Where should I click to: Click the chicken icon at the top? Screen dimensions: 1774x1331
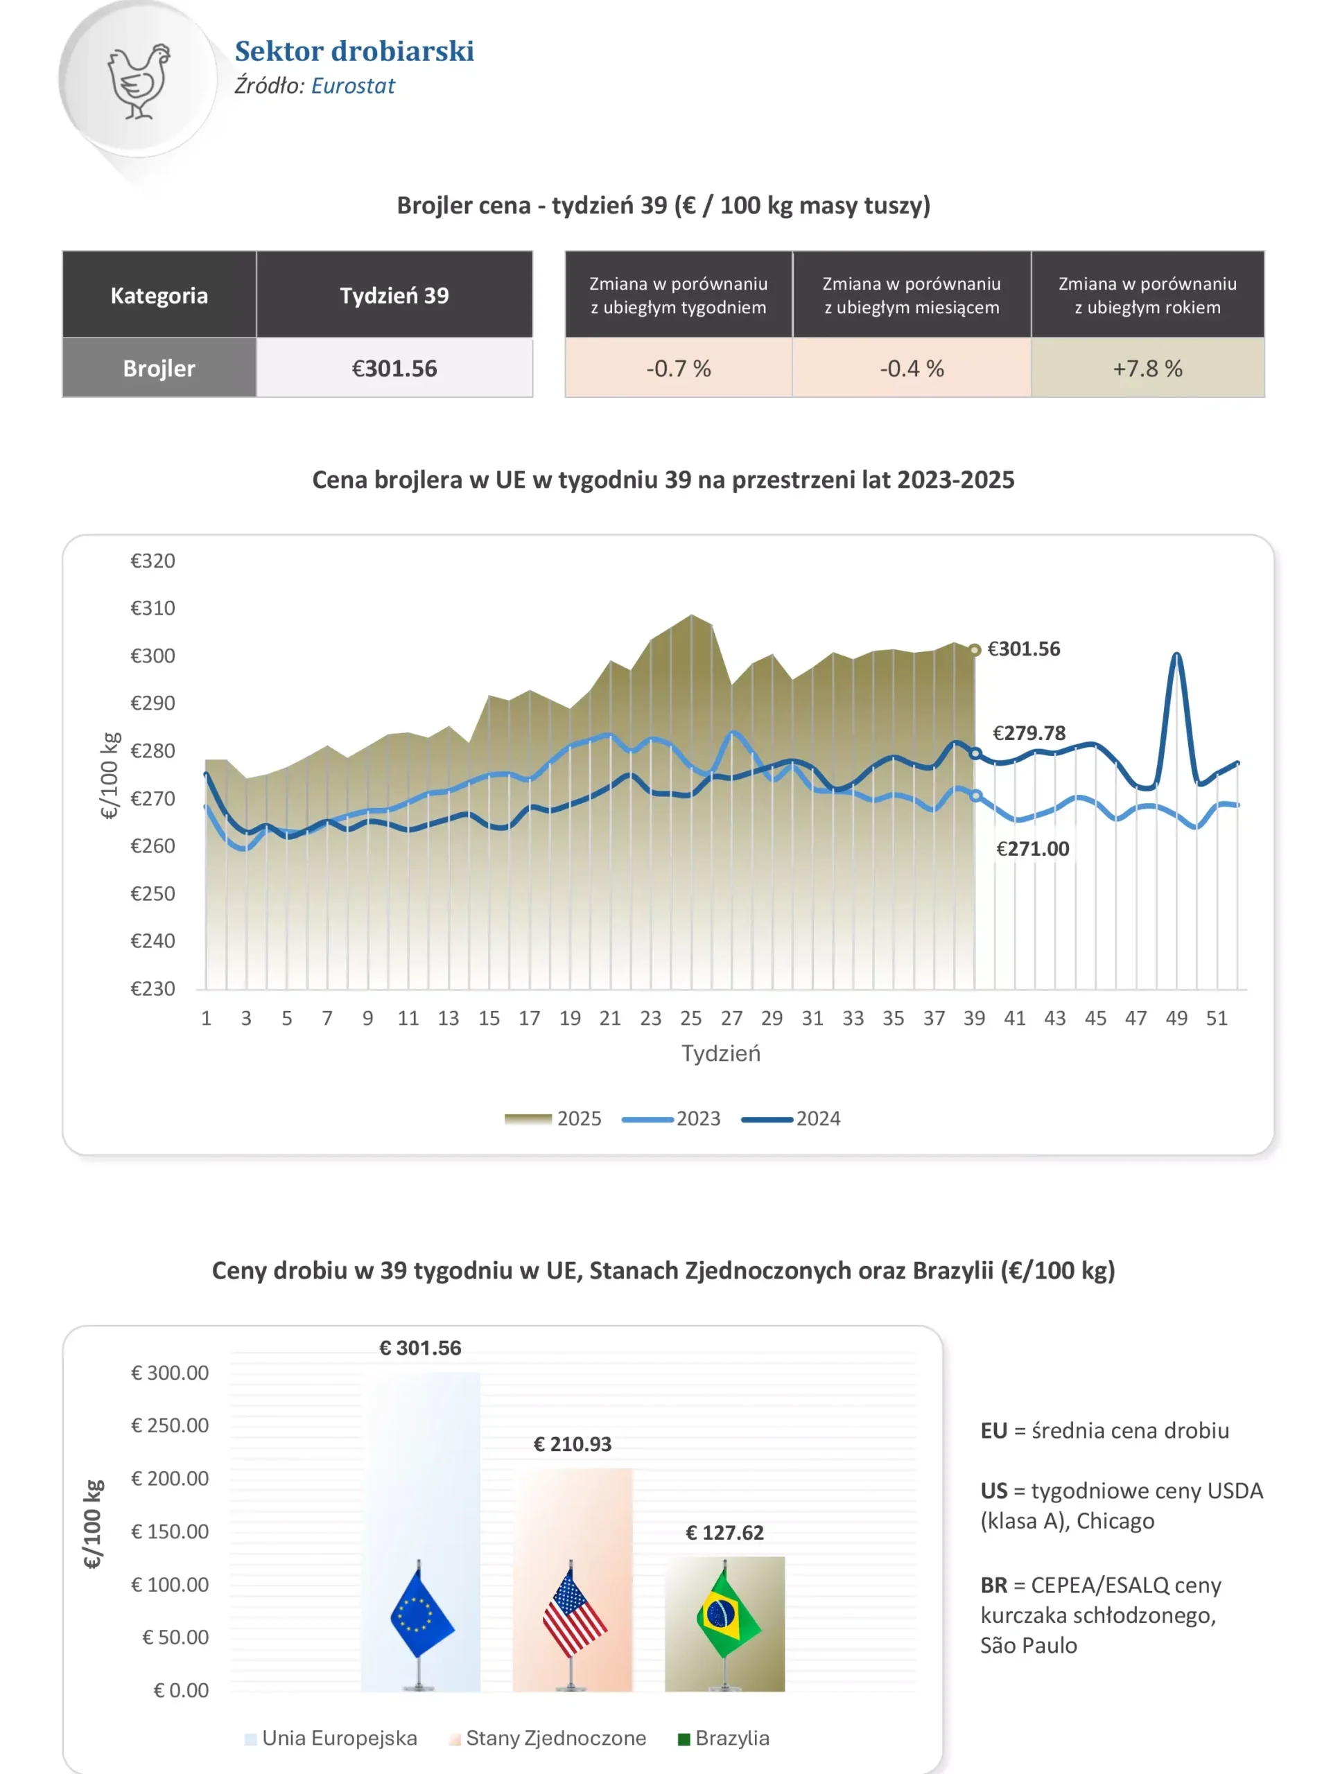(139, 81)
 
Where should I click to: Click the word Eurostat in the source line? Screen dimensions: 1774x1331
(353, 86)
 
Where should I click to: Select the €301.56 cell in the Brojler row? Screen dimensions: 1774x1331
(394, 368)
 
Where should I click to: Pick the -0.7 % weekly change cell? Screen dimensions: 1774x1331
(678, 368)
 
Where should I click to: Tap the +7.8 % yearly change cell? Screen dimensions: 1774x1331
(1147, 368)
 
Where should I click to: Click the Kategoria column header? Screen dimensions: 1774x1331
(159, 295)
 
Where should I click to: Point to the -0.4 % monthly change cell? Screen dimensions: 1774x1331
(912, 368)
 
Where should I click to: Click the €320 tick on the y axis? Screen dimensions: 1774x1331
(153, 561)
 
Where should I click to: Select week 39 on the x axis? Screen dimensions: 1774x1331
(974, 1018)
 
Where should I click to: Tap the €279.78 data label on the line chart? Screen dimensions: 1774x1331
(1029, 733)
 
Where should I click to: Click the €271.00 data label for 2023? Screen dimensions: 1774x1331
(1032, 848)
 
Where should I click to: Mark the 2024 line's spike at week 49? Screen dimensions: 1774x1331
(1176, 656)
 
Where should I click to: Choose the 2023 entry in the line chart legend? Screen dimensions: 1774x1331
(697, 1118)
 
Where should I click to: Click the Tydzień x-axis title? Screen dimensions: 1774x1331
(720, 1053)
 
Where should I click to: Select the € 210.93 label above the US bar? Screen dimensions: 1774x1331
(572, 1444)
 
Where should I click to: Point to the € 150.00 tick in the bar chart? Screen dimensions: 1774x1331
(169, 1531)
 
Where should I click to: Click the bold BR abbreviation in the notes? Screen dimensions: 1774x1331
(993, 1586)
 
